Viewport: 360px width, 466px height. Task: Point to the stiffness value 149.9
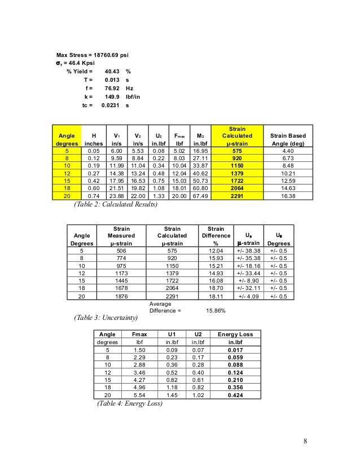[114, 97]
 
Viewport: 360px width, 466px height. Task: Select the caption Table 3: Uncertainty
[107, 318]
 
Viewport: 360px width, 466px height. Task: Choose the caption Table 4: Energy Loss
[130, 404]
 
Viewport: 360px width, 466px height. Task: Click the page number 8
[305, 441]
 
